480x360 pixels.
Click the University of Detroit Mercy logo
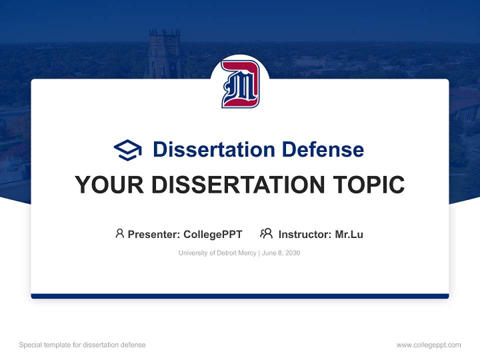[240, 84]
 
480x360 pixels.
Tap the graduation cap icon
[127, 150]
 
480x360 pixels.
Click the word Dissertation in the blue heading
[213, 149]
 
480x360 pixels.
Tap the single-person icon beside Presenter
[119, 233]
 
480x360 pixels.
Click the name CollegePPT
[213, 234]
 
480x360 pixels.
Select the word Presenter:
[154, 234]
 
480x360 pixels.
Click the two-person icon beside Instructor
[266, 233]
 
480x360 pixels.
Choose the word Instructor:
[305, 234]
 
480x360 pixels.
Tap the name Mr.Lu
[349, 234]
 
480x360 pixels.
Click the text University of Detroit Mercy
[217, 253]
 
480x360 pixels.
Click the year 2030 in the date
[292, 253]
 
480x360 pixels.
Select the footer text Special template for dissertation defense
[82, 345]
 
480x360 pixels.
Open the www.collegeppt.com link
[428, 345]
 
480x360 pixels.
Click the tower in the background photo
[164, 52]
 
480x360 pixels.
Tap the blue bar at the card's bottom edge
[240, 296]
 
